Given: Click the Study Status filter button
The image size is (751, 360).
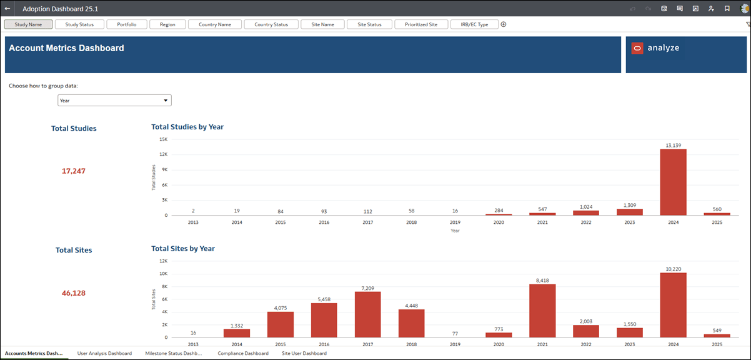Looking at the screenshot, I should pos(79,24).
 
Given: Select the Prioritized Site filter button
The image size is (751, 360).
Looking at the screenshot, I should pos(421,24).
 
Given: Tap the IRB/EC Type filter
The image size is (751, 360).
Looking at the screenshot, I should pos(474,24).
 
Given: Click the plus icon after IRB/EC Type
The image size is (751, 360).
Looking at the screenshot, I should pos(504,24).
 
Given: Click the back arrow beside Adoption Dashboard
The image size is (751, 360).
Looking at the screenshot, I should pos(7,9).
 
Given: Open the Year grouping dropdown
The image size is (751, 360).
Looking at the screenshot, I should pos(114,100).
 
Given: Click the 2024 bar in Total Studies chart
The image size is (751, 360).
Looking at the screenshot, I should pos(673,182).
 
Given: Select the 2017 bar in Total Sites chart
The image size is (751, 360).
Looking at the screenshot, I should pos(367,314).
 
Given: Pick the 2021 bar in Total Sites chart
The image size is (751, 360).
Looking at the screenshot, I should pos(542,311).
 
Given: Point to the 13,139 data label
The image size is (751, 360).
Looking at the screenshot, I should pos(673,145).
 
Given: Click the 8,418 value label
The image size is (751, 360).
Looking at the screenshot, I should pos(542,281).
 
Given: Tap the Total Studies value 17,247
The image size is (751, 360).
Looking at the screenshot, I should pos(74,171).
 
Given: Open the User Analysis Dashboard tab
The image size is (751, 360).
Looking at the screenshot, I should pos(104,353).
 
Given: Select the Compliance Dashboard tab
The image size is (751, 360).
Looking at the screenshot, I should pos(243,353).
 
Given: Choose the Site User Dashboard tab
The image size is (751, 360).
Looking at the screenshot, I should pos(304,353).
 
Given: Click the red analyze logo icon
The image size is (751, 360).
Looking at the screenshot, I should pos(637,48).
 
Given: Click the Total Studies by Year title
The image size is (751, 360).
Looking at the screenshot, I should pos(187,127).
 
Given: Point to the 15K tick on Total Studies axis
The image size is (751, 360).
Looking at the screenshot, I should pos(164,139).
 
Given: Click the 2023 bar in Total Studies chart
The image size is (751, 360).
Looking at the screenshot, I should pos(629,212).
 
